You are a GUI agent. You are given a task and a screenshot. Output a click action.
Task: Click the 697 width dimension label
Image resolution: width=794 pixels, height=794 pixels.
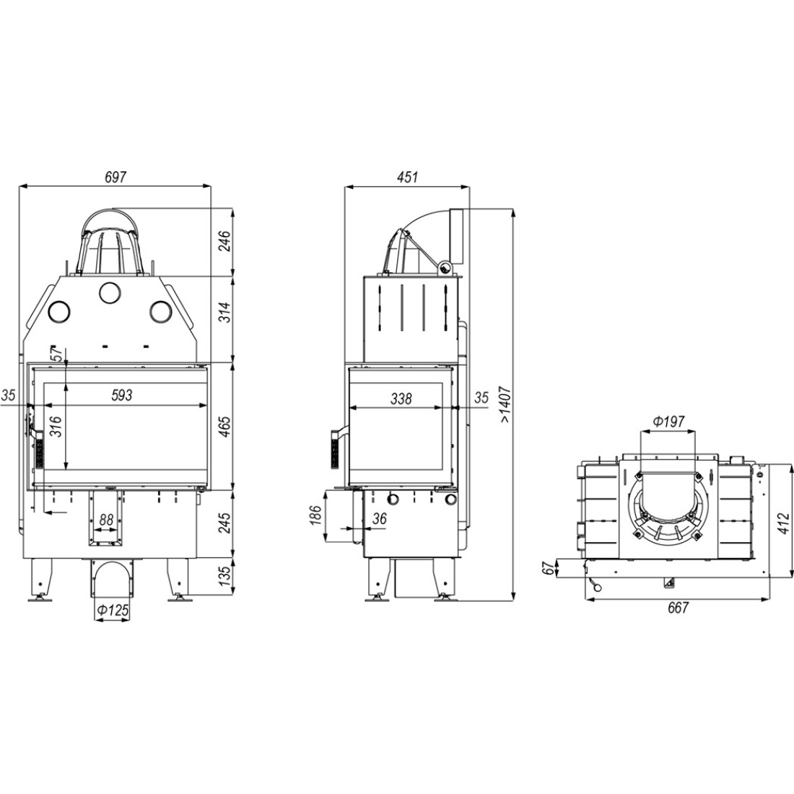(115, 177)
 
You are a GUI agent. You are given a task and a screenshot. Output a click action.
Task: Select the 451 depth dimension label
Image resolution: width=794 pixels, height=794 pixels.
(408, 177)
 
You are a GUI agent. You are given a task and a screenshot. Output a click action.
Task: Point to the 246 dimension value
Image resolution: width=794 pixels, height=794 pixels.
(224, 241)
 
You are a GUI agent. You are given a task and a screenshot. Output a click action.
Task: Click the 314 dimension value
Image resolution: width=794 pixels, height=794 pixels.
(224, 312)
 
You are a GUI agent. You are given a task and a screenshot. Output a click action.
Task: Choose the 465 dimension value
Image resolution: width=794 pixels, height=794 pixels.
(224, 427)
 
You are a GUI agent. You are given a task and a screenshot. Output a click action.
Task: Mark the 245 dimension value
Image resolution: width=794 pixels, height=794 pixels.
(224, 523)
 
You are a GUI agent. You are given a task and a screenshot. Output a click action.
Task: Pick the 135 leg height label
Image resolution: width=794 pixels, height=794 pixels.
(224, 574)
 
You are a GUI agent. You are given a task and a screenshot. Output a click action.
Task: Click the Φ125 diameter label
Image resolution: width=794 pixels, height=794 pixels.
(113, 611)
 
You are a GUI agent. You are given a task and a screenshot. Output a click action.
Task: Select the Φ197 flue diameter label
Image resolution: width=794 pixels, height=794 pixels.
(668, 421)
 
